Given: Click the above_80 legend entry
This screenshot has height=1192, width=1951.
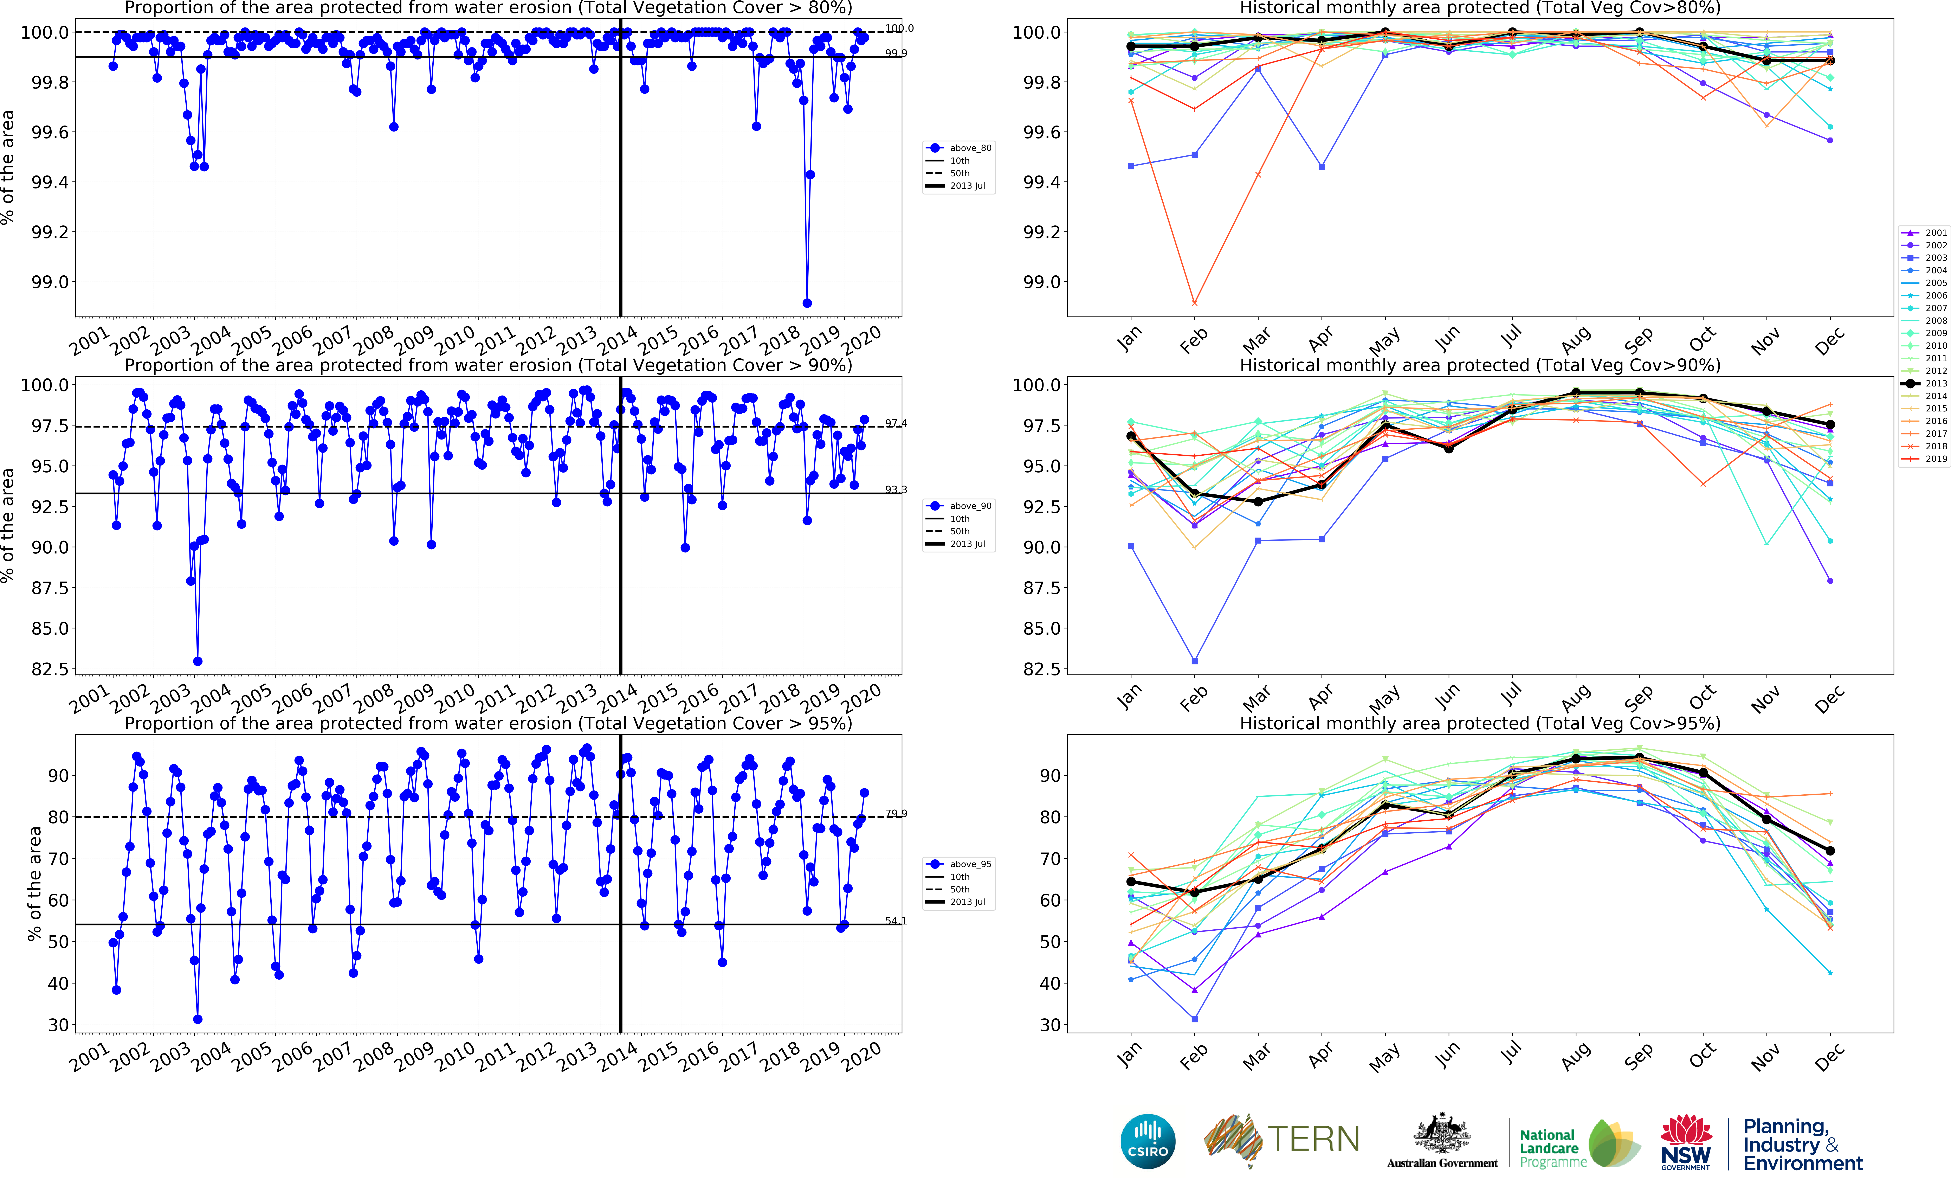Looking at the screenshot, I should pyautogui.click(x=960, y=148).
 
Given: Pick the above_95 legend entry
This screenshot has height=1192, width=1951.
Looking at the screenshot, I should pyautogui.click(x=960, y=864).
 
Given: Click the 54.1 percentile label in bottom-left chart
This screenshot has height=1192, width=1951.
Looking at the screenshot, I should pyautogui.click(x=896, y=920).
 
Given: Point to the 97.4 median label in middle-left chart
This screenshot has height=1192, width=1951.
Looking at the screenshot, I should pyautogui.click(x=896, y=423).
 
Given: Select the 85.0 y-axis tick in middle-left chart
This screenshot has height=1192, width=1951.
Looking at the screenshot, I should pyautogui.click(x=49, y=628).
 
